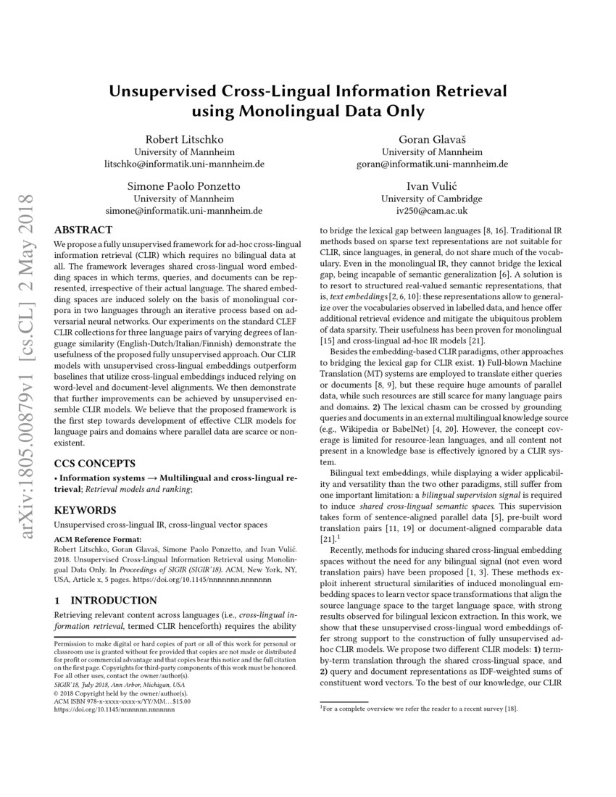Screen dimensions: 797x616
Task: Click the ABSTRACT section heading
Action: [x=83, y=230]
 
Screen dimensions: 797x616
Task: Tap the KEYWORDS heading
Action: [x=86, y=509]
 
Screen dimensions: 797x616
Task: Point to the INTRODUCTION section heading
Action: [x=106, y=600]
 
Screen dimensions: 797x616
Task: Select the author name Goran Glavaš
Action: [x=431, y=139]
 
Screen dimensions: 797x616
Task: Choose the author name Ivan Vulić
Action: [x=431, y=185]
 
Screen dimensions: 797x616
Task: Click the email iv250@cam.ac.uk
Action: [x=431, y=211]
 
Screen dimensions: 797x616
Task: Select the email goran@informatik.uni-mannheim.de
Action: [x=431, y=164]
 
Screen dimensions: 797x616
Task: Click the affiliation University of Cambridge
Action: [x=431, y=199]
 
